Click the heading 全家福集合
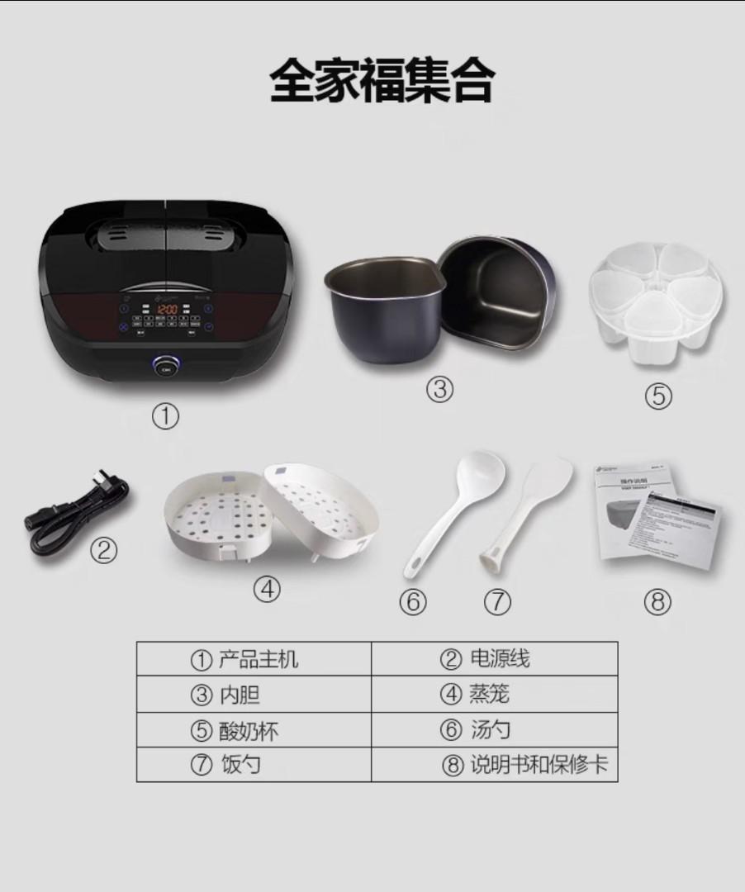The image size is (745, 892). point(382,81)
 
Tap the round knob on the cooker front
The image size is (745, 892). point(167,367)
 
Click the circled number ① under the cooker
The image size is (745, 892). point(165,417)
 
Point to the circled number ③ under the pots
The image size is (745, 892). point(439,389)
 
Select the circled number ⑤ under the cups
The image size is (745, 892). point(657,396)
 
